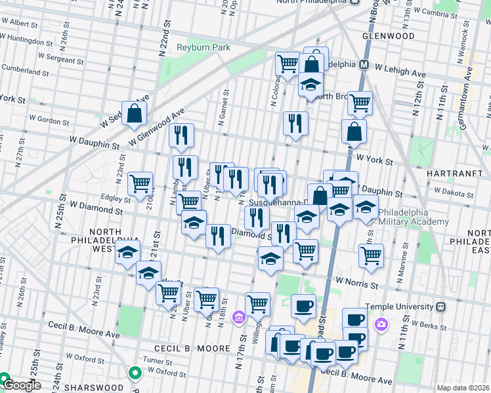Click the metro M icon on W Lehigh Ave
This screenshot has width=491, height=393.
click(x=362, y=65)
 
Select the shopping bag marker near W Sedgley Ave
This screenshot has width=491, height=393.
click(x=135, y=113)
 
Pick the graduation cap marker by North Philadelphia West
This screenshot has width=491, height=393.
click(x=127, y=252)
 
